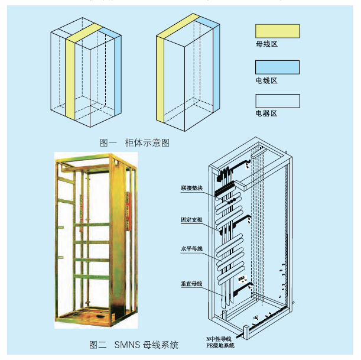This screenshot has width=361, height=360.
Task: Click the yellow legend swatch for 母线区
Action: click(277, 31)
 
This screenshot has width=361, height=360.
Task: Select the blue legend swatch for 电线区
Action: click(277, 66)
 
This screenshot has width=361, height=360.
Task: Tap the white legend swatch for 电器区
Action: click(277, 100)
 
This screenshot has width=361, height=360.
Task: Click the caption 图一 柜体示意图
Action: click(135, 142)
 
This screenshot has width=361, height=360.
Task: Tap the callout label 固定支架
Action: click(192, 219)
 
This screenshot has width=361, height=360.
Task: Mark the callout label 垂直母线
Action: click(192, 284)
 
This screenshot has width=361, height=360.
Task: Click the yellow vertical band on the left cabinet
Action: click(71, 77)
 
